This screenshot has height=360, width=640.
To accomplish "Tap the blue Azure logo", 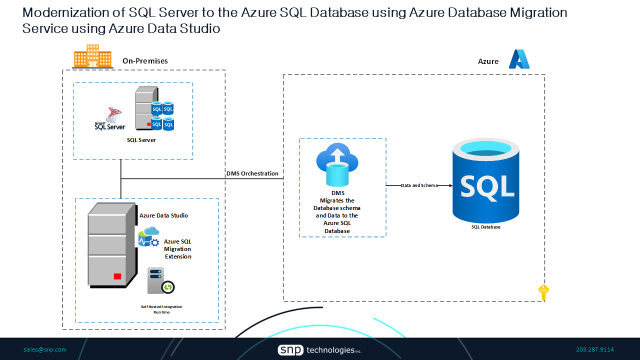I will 519,59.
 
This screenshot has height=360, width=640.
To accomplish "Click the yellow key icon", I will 543,292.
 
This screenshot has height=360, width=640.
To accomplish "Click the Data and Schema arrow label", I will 419,185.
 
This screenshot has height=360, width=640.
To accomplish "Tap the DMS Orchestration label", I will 252,173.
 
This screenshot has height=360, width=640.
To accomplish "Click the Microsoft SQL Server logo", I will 110,119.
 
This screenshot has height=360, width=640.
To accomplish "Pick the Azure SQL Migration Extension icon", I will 148,237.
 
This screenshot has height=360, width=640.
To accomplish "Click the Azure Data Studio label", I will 163,215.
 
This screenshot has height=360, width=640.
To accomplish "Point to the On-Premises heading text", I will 145,61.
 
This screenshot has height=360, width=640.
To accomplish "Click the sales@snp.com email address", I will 45,349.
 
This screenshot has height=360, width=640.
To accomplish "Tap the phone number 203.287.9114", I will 595,349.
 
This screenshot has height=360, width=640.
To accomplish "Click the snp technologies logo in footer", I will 319,350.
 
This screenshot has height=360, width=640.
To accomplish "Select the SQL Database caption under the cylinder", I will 485,227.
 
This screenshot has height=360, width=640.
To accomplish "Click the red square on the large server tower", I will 117,276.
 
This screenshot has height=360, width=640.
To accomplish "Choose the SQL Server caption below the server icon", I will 141,140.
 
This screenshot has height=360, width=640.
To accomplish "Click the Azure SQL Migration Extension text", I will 178,249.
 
